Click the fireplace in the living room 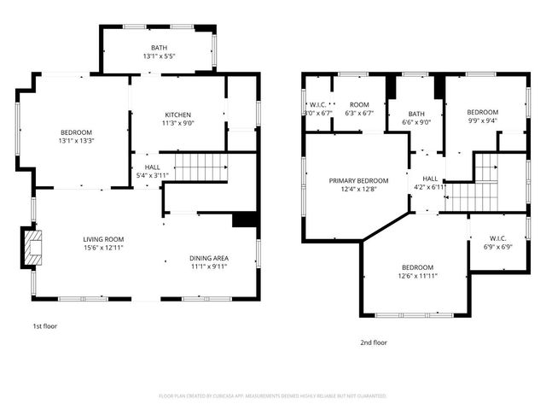point(32,249)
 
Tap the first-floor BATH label point(159,48)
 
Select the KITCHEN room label point(177,114)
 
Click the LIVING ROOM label point(103,238)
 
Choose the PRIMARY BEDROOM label point(358,180)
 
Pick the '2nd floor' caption point(373,342)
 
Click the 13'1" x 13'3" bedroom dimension point(75,142)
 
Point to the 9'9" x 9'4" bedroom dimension point(482,121)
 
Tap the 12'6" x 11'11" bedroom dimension point(418,276)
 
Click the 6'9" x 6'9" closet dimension point(499,247)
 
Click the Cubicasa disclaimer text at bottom point(273,396)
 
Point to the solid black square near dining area point(245,220)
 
